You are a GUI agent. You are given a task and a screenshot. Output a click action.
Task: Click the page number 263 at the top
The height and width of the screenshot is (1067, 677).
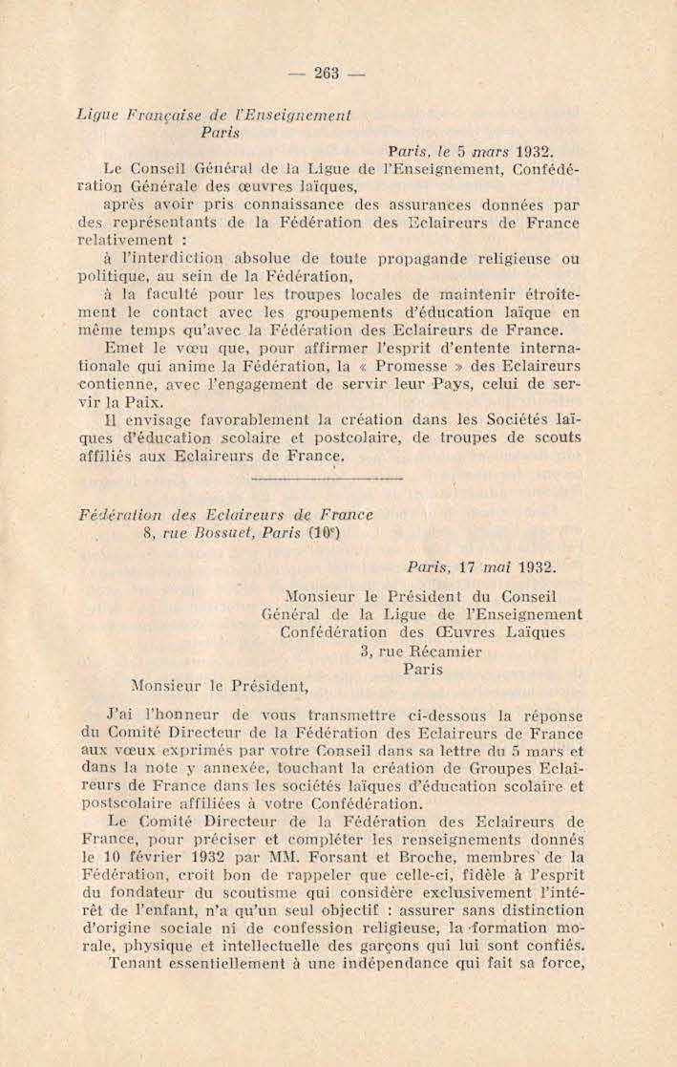point(328,73)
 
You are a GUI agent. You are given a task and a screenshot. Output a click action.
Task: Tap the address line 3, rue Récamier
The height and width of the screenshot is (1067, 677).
point(420,651)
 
